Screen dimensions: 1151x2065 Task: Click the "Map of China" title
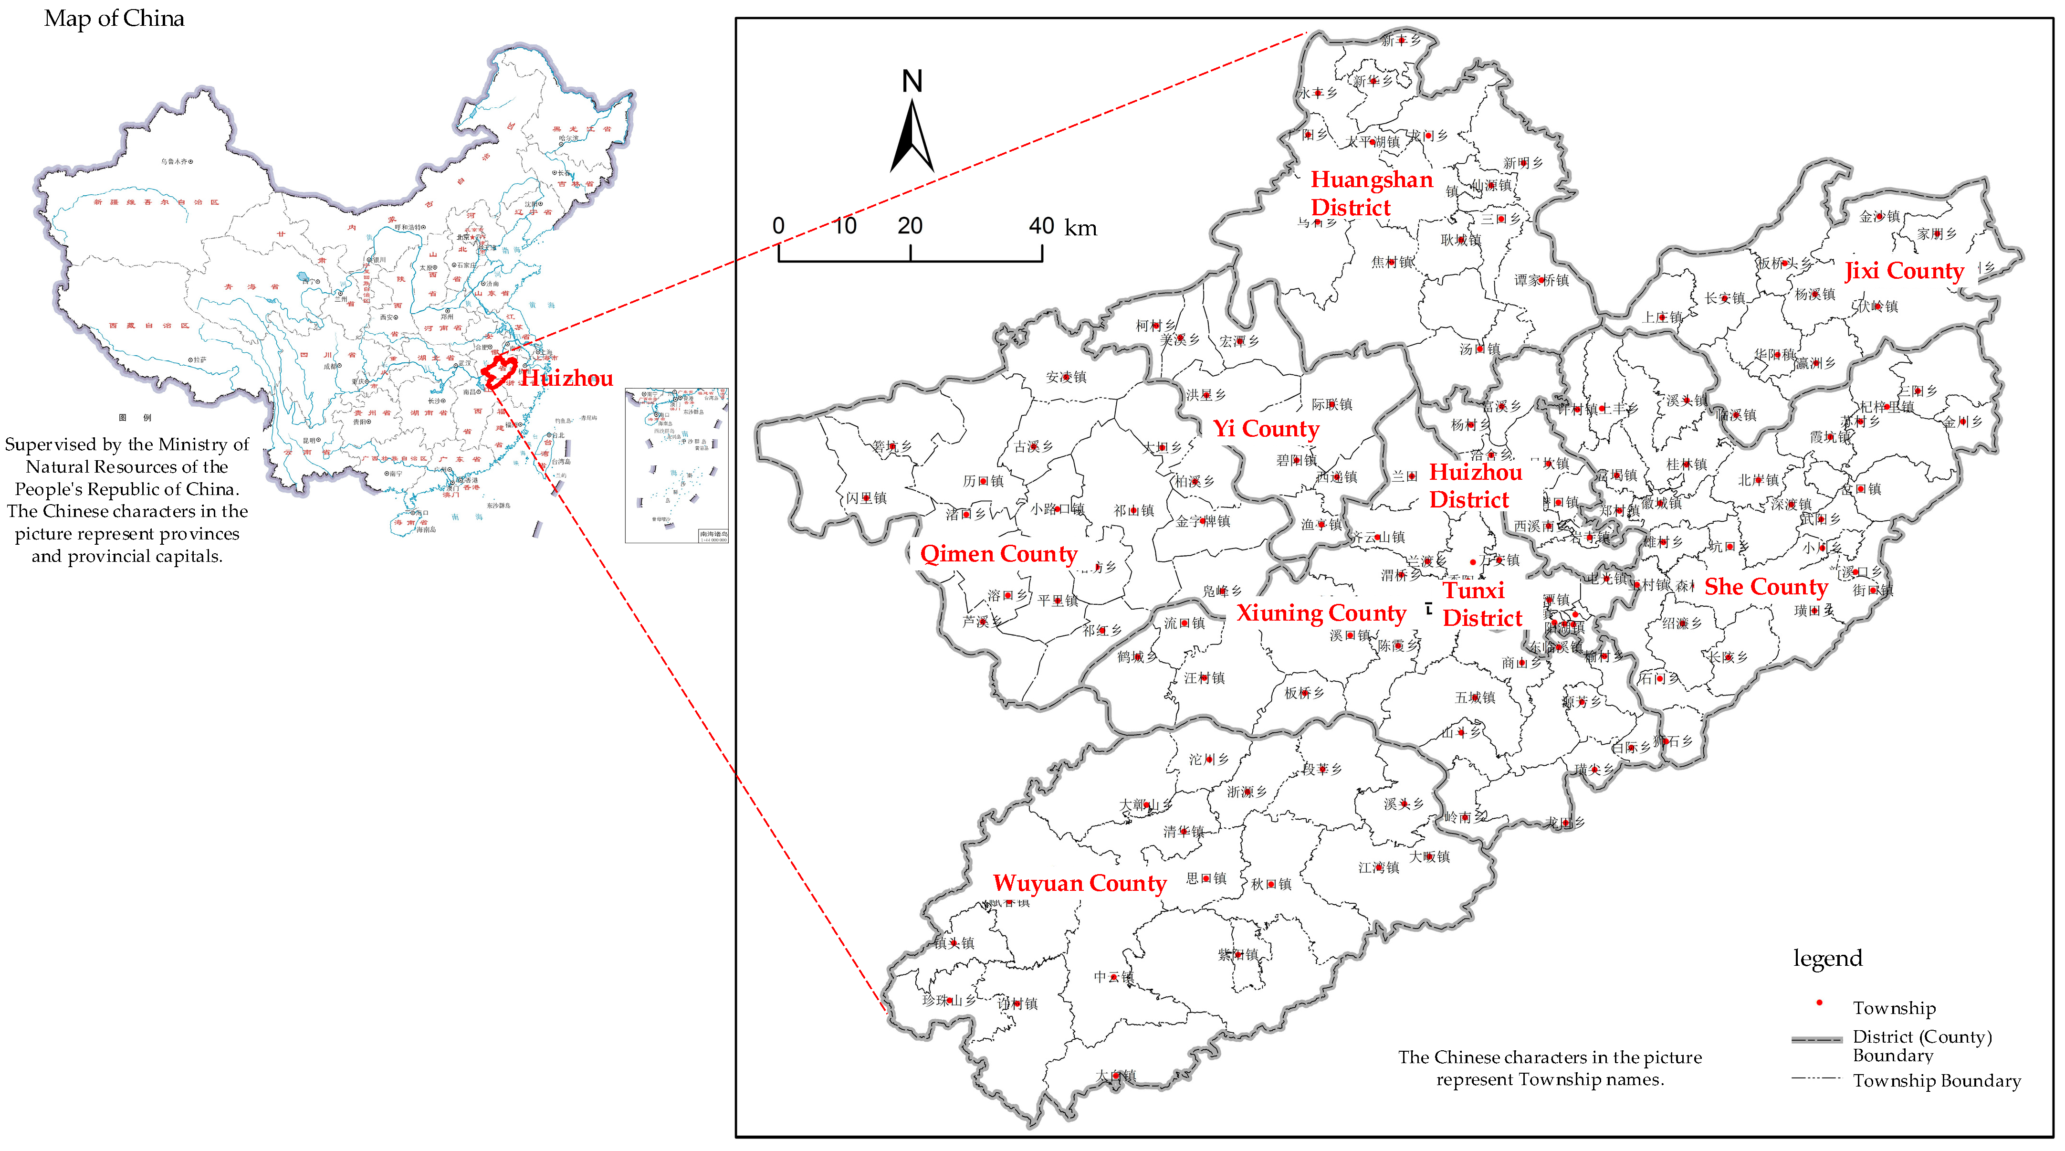(x=114, y=19)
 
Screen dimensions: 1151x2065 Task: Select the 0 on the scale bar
(x=778, y=226)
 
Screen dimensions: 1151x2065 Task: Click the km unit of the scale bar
(x=1080, y=228)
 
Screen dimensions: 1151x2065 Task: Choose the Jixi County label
(x=1904, y=271)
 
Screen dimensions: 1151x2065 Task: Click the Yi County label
(x=1265, y=429)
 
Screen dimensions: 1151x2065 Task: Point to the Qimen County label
(x=998, y=554)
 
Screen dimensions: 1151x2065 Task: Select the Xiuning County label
(x=1321, y=613)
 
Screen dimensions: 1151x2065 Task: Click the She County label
(x=1765, y=587)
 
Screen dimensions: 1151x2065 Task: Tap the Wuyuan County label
(x=1079, y=883)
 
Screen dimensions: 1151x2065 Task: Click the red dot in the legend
(x=1819, y=1003)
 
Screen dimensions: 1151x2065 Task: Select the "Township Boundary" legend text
(x=1936, y=1081)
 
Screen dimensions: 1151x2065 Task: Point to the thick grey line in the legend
(x=1816, y=1039)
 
